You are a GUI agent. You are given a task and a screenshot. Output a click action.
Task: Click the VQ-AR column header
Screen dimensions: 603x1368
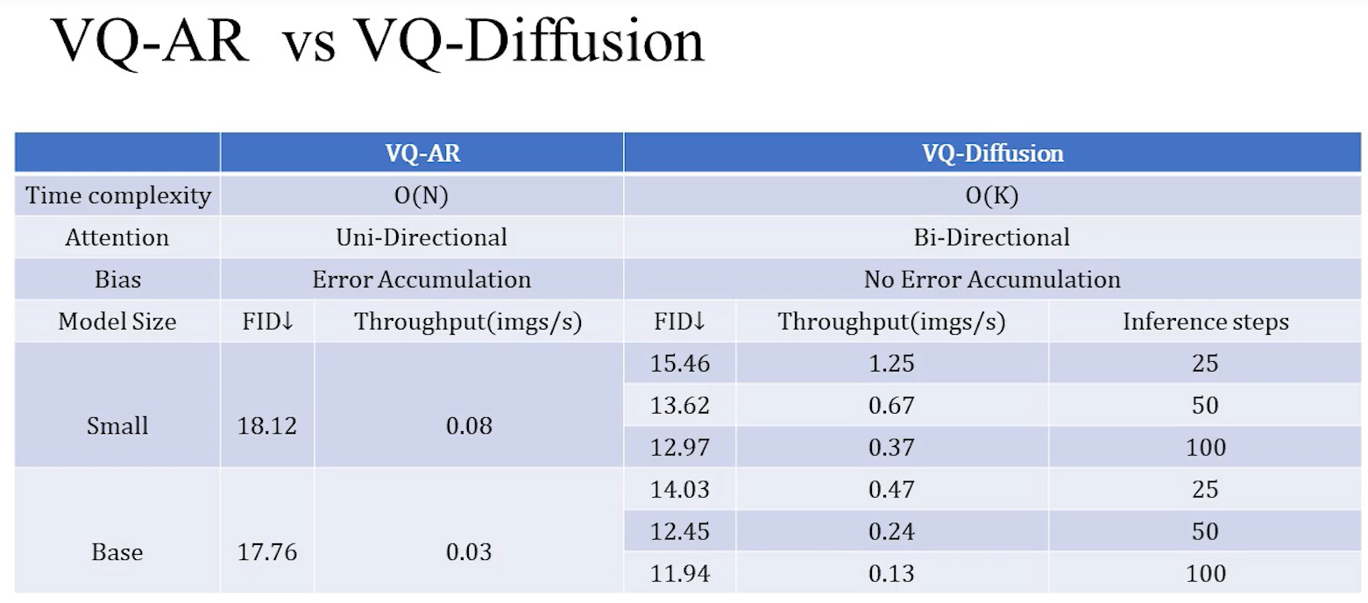pos(422,153)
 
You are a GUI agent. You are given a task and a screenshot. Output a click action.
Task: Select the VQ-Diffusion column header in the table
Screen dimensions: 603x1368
pos(992,153)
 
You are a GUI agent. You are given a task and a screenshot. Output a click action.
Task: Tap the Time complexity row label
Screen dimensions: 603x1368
pos(118,195)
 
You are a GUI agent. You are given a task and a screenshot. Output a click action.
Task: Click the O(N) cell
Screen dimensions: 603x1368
pos(422,195)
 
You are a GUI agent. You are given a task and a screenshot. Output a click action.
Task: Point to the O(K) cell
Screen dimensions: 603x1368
pos(992,195)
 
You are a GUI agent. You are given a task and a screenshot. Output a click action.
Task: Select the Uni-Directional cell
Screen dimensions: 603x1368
pos(422,238)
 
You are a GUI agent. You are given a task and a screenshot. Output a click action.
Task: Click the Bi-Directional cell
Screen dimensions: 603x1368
pos(992,238)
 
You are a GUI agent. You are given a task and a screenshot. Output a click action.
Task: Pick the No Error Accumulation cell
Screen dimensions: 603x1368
pos(992,280)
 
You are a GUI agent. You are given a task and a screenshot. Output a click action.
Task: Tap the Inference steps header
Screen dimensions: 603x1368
pos(1205,322)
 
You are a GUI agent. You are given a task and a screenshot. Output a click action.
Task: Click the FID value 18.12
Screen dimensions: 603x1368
pos(267,427)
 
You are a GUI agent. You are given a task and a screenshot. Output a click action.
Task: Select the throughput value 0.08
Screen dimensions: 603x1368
pos(468,427)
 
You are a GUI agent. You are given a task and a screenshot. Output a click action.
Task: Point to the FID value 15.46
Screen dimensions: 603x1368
pos(680,363)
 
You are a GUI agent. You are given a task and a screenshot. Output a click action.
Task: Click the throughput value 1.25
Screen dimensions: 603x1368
pos(891,363)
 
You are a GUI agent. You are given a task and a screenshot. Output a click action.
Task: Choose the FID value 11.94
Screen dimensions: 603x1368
pos(680,574)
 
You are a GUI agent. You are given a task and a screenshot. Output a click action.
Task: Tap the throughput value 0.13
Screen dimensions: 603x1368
pos(891,574)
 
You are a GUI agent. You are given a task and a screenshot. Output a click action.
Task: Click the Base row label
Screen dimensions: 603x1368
pos(117,553)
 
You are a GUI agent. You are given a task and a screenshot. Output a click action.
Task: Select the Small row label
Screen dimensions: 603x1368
pos(117,427)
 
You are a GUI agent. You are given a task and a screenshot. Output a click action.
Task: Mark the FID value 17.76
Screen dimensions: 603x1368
pos(267,553)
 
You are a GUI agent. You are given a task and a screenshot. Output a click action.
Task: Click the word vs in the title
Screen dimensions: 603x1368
pos(308,44)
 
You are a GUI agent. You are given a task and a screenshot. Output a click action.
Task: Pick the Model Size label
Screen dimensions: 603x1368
pos(117,322)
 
